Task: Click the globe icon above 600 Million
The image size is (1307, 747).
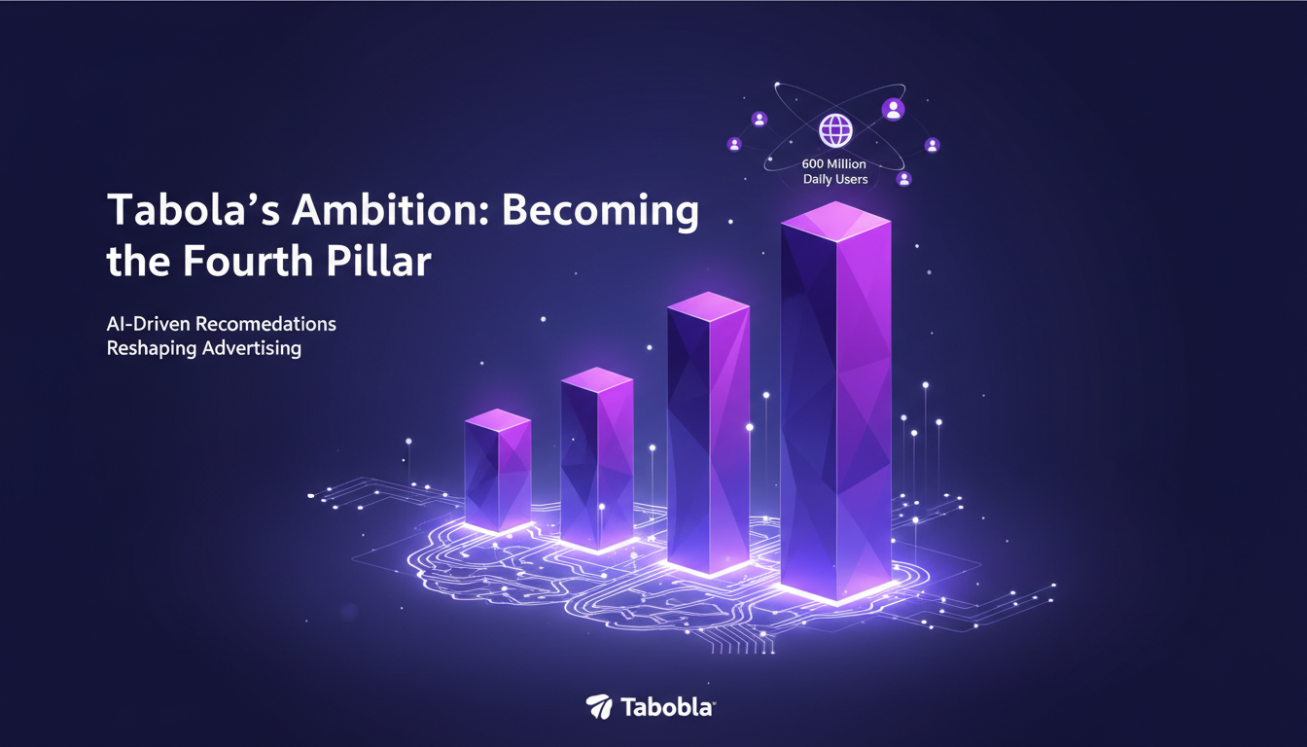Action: tap(834, 130)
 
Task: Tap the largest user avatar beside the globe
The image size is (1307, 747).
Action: tap(893, 109)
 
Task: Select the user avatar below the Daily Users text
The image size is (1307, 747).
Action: tap(904, 179)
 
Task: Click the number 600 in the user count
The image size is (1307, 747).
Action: tap(815, 163)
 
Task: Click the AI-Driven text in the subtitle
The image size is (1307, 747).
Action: tap(140, 323)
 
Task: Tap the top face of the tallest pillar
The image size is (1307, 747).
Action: tap(835, 221)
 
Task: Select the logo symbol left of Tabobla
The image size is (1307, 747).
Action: tap(598, 707)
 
